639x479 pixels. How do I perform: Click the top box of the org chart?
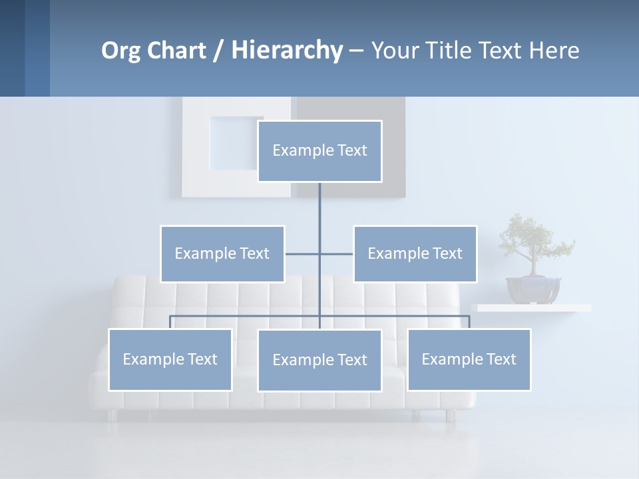(x=319, y=151)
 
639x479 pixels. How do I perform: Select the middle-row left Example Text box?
(x=222, y=253)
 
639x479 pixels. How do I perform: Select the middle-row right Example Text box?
(x=415, y=253)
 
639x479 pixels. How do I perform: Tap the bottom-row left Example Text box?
(x=170, y=359)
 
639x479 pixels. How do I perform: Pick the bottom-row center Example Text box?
(x=319, y=360)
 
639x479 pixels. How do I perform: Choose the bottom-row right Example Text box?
(x=469, y=359)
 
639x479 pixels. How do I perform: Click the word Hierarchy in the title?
(x=287, y=50)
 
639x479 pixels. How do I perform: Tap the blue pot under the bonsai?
(x=532, y=290)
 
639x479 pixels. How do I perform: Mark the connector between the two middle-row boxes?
(x=319, y=253)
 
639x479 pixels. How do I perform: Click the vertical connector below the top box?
(x=319, y=206)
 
